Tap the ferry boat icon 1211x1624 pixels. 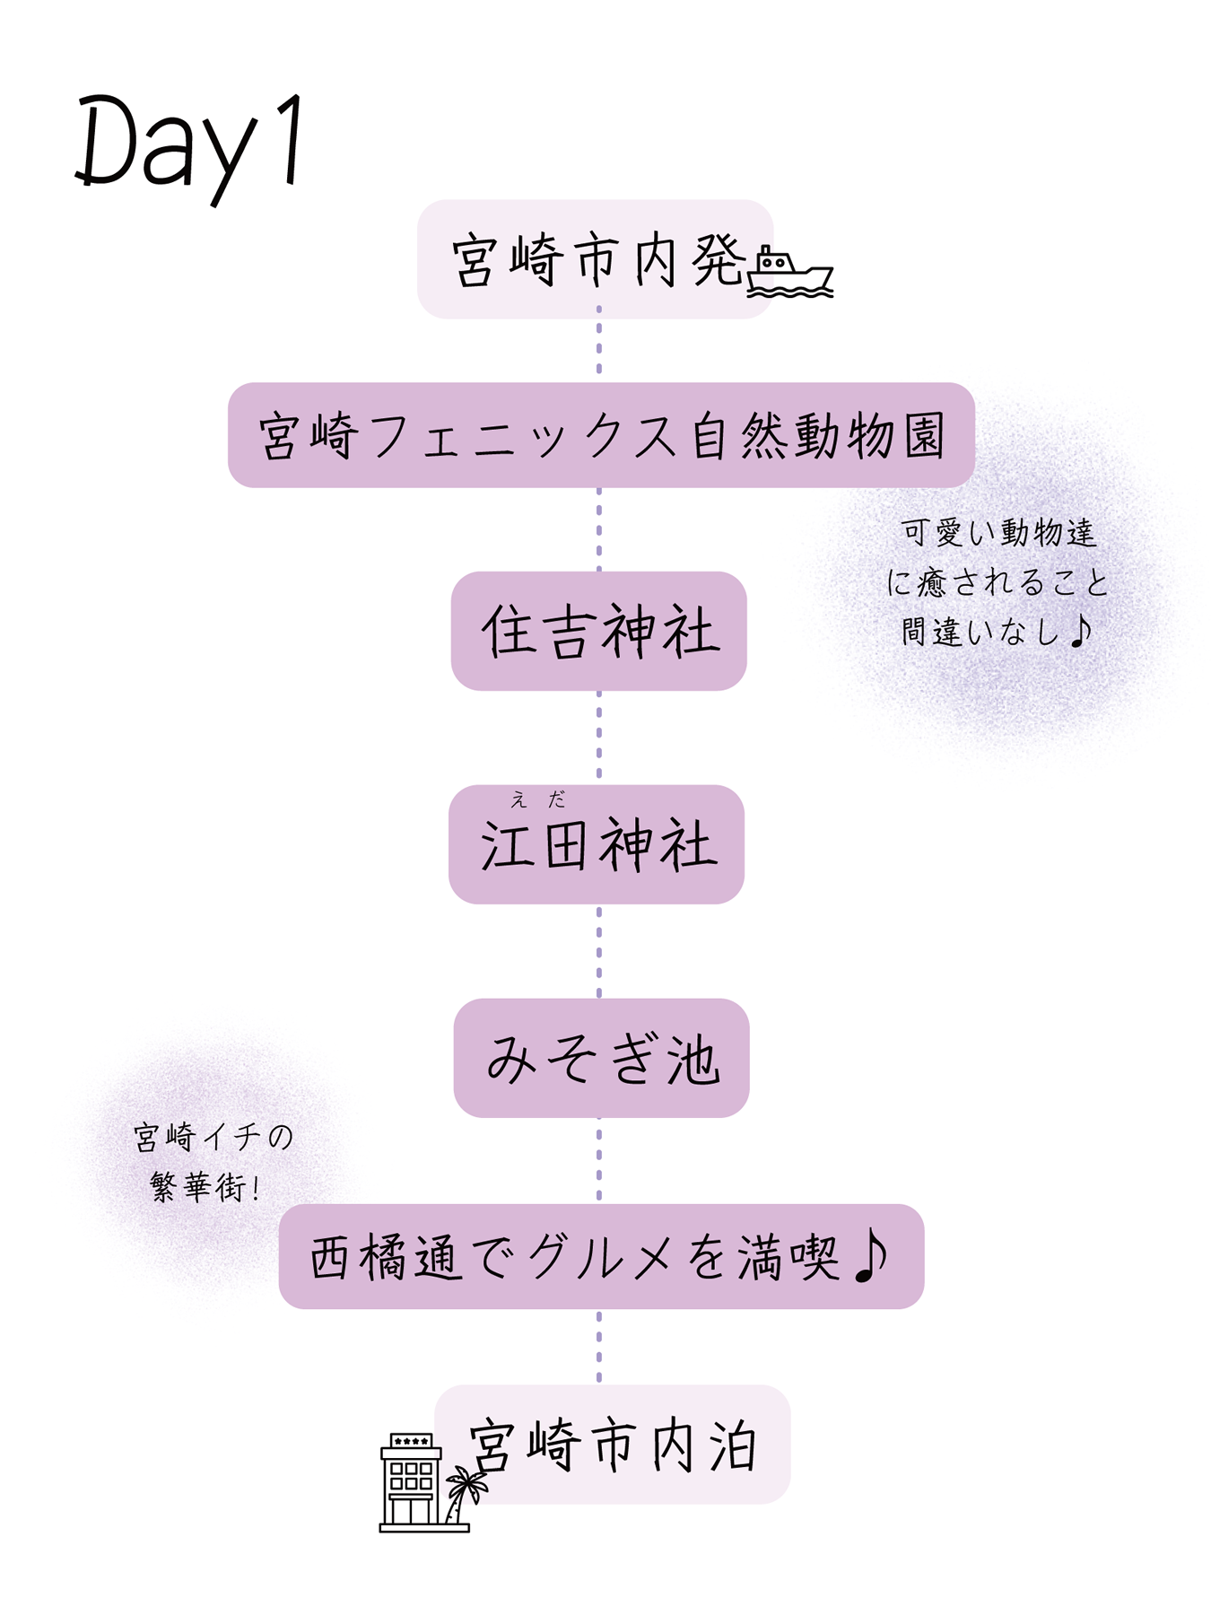point(789,272)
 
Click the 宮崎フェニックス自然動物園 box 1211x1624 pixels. point(601,436)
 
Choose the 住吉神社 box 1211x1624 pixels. point(599,631)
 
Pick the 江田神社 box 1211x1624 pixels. point(597,845)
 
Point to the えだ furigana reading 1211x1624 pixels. point(537,799)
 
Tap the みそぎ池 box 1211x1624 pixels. point(601,1059)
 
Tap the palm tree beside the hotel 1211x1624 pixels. point(465,1492)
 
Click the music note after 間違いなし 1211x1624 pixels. point(1081,630)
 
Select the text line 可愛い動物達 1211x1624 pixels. point(998,533)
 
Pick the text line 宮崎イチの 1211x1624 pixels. point(213,1138)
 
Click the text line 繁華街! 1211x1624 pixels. point(205,1187)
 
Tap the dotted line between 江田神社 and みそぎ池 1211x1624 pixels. point(599,951)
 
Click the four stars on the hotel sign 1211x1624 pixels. point(412,1442)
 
